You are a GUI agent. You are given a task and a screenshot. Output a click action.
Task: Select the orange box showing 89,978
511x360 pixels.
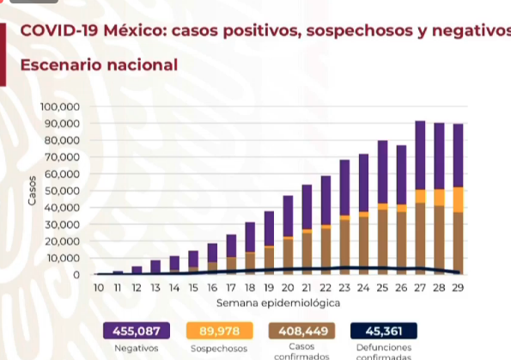[219, 331]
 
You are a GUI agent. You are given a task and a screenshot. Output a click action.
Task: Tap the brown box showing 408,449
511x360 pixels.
[301, 331]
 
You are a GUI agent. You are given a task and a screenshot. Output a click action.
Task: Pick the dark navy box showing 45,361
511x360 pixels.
[384, 331]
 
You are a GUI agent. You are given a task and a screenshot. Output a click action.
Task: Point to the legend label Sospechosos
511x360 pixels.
[219, 349]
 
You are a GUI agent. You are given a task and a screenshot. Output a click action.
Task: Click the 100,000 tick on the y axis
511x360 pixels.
[61, 107]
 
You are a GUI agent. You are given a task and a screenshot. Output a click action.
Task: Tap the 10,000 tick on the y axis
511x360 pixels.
[64, 259]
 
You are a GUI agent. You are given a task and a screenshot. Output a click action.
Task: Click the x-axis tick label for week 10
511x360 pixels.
[100, 288]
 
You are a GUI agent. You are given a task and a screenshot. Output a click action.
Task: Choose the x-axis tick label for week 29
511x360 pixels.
[458, 288]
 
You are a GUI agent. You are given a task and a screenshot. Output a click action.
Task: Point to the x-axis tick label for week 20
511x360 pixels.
[288, 288]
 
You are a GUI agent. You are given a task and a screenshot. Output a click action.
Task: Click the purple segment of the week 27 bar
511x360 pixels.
[420, 155]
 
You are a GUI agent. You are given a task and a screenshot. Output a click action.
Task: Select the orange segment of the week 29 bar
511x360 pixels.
[458, 199]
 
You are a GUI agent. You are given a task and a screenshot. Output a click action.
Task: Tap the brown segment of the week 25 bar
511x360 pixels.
[382, 241]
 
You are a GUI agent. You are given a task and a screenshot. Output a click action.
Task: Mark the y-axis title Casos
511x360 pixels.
[33, 191]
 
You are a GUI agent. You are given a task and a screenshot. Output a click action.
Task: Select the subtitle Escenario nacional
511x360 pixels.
[99, 64]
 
